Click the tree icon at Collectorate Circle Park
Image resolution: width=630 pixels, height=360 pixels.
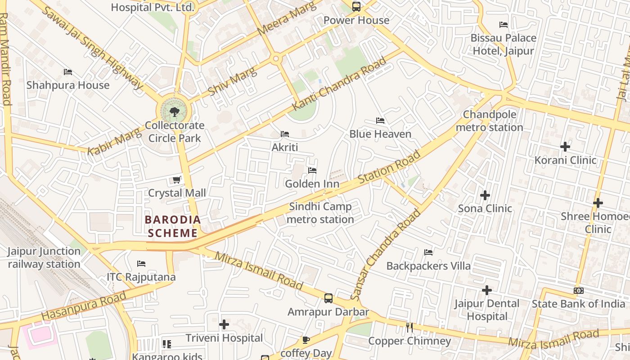(174, 112)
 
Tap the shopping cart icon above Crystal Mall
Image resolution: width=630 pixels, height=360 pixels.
(177, 180)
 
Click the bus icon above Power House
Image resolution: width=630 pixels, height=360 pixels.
(356, 7)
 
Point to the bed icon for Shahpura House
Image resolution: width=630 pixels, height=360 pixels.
(68, 72)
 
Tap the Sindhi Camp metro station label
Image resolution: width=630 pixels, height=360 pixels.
(320, 213)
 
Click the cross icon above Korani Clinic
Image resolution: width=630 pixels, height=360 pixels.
(565, 147)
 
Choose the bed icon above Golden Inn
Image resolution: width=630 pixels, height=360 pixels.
(312, 171)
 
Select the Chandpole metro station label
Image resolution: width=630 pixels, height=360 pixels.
(490, 121)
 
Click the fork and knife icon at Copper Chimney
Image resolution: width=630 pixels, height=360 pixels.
(409, 328)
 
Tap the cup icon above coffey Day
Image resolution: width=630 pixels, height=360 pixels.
(306, 340)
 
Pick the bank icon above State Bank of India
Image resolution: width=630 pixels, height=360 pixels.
(579, 291)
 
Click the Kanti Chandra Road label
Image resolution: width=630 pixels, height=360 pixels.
(339, 84)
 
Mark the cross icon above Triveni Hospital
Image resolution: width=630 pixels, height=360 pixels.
(224, 324)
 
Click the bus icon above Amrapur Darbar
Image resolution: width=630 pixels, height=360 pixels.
(328, 298)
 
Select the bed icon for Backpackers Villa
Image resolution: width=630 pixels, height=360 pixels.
(428, 252)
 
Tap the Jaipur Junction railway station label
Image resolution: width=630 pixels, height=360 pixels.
(44, 258)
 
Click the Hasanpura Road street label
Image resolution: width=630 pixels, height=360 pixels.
(84, 306)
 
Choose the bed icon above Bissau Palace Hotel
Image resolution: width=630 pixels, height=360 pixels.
(504, 25)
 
